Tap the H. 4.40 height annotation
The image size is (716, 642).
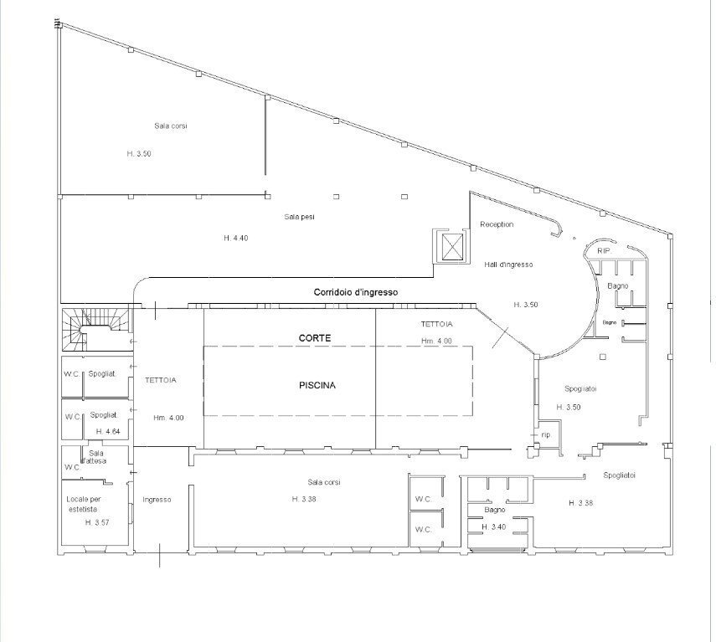coord(236,239)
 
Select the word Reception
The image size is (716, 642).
coord(497,224)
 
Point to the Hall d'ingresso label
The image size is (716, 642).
coord(508,265)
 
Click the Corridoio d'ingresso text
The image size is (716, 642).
coord(355,291)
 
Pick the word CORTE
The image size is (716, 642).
coord(315,337)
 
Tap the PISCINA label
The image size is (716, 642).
coord(317,386)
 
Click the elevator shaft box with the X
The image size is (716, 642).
coord(451,246)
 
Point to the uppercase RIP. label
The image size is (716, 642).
coord(603,251)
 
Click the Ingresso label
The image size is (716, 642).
coord(157,500)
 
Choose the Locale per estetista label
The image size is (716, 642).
coord(82,504)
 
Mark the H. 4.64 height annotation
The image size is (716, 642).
coord(109,431)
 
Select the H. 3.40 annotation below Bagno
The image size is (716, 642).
coord(494,526)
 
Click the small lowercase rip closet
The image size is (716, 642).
coord(545,434)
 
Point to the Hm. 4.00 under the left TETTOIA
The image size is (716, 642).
coord(168,418)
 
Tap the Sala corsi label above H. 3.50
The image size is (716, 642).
coord(170,126)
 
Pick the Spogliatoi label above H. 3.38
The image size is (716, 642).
coord(619,475)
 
